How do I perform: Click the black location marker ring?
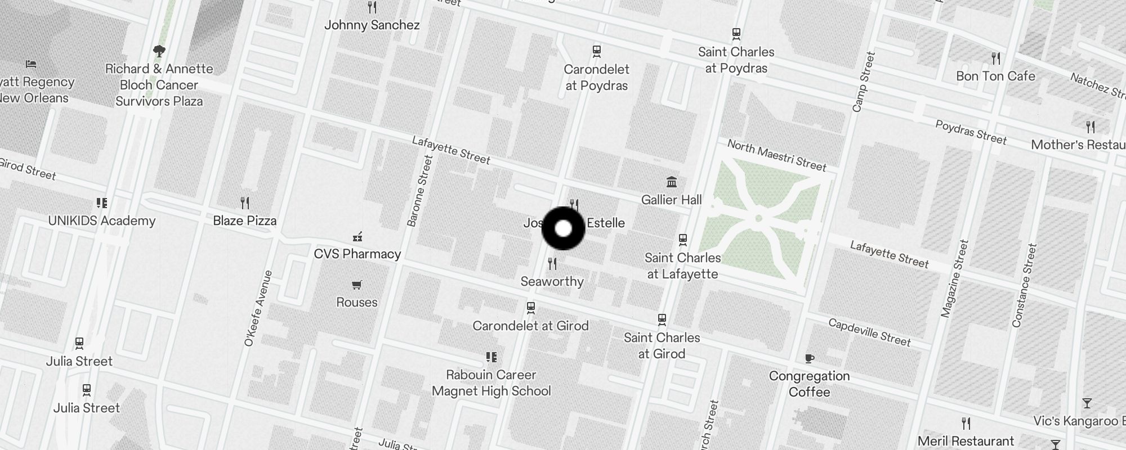(x=563, y=228)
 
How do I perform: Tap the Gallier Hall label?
(x=671, y=200)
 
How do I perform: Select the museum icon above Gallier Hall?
(x=671, y=182)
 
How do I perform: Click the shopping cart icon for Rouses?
(x=356, y=285)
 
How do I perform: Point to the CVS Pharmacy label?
(x=357, y=254)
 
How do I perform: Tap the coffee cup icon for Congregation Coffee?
(x=809, y=358)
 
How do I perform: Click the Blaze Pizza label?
(x=244, y=220)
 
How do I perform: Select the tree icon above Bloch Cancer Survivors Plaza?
(x=159, y=51)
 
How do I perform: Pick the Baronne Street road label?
(x=419, y=191)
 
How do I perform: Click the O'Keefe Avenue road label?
(x=258, y=308)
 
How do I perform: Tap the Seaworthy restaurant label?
(x=552, y=281)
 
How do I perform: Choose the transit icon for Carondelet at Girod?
(x=530, y=308)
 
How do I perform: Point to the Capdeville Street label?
(x=869, y=332)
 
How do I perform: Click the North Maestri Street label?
(x=776, y=155)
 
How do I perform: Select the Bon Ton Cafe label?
(x=995, y=76)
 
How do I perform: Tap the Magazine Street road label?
(x=954, y=278)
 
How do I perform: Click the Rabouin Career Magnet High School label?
(x=491, y=382)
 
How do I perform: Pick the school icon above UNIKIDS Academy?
(x=101, y=202)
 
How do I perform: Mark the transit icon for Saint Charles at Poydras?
(x=736, y=34)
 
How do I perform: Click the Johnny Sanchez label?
(x=372, y=25)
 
